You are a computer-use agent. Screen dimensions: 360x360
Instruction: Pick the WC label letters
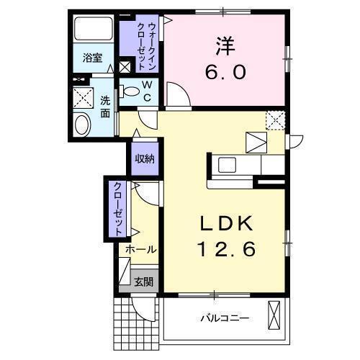point(146,91)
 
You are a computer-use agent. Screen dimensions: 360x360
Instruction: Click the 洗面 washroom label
point(105,107)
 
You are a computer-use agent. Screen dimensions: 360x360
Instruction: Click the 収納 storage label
point(143,159)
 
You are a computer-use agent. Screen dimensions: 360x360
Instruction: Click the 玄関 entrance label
point(143,282)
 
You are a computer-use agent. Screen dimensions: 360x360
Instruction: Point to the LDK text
point(227,223)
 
